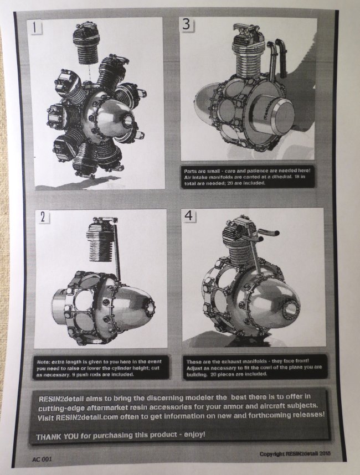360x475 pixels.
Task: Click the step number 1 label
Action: tap(35, 28)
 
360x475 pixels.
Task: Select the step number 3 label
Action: tap(187, 24)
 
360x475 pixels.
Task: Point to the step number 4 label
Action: tap(189, 215)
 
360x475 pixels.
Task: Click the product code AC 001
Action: tap(42, 459)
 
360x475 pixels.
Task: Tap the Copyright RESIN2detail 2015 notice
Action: tap(295, 453)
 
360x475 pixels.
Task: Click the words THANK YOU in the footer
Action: tap(53, 437)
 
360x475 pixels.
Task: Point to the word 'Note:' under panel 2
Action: tap(43, 362)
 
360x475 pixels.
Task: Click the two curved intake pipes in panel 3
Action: tap(277, 60)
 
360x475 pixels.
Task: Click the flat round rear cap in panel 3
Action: tap(278, 113)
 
